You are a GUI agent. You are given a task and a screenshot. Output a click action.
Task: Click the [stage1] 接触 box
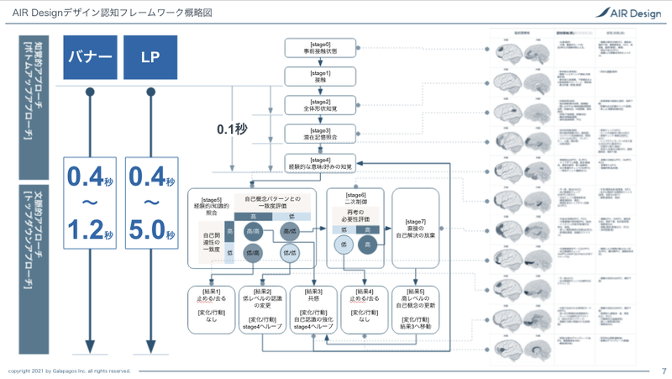click(310, 76)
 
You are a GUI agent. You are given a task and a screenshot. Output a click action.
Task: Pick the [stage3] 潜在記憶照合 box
click(310, 134)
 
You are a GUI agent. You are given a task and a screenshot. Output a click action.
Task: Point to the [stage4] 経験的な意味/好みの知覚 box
click(310, 164)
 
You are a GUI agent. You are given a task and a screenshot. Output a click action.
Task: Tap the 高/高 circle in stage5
click(254, 232)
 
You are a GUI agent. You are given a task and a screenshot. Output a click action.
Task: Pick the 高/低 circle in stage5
click(291, 232)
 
